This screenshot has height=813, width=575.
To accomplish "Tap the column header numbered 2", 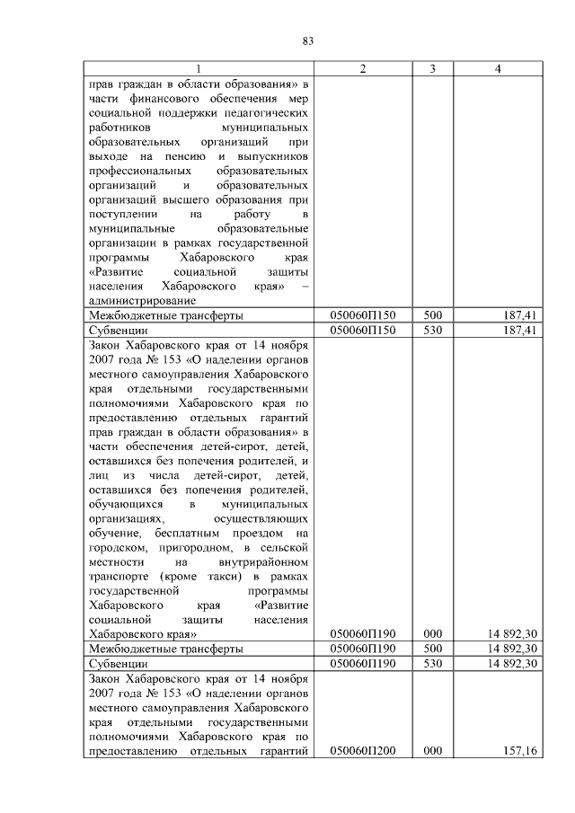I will (363, 69).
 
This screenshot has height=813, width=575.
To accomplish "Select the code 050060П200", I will (363, 750).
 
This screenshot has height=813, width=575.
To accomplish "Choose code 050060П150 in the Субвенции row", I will (363, 330).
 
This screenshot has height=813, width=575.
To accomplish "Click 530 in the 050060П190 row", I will (432, 663).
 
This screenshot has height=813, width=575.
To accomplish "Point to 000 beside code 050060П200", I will (432, 750).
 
